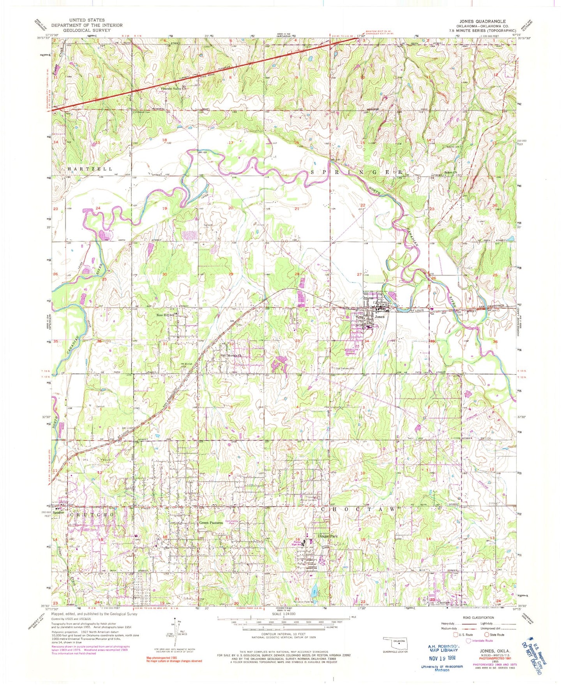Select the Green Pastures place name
211,523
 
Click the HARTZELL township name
90,169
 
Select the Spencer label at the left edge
58,513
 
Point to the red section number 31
165,344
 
